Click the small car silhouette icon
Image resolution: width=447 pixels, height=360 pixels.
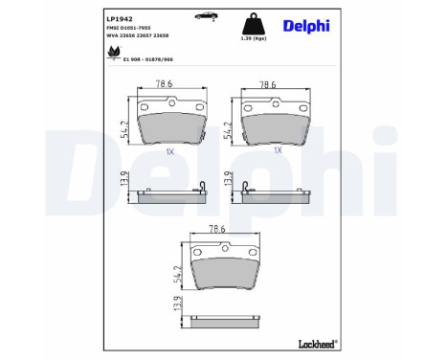[x=205, y=16]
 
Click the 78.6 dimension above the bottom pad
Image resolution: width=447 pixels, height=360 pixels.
[x=225, y=230]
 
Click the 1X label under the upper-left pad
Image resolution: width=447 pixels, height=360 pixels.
[x=169, y=151]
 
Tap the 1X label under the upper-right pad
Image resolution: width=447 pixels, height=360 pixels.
[x=278, y=150]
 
